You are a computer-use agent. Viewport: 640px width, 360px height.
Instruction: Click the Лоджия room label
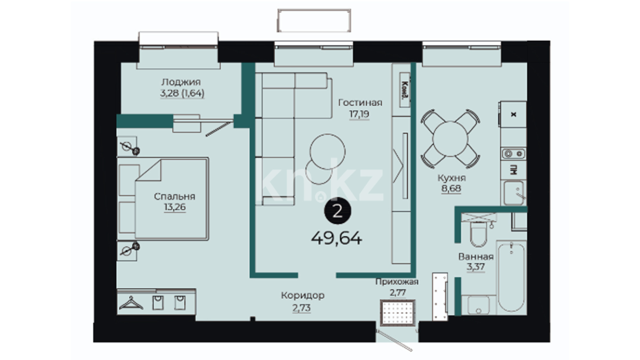coord(181,82)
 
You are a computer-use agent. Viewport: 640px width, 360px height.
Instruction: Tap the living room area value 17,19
coord(359,114)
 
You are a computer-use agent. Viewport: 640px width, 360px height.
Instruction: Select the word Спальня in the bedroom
coord(175,196)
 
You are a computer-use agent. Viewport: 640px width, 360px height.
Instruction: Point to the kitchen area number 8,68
coord(451,188)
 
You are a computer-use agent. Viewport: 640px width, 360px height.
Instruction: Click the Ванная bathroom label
coord(476,256)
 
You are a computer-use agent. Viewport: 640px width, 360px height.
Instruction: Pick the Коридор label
coord(303,295)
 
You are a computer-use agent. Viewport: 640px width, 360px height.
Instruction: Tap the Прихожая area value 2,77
coord(398,293)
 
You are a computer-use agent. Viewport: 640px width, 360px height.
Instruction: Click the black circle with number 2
coord(338,211)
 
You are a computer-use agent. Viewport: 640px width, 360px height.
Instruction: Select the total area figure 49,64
coord(337,238)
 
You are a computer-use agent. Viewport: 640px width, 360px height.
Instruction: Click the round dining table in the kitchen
coord(450,139)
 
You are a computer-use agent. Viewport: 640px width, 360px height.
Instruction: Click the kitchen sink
coord(513,193)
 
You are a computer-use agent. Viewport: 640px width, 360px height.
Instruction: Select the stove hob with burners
coord(513,154)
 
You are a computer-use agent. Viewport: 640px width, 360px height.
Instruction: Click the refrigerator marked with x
coord(513,114)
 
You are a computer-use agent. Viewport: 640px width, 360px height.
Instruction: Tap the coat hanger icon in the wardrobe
coord(131,303)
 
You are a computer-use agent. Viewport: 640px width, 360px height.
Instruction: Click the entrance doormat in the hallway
coord(398,313)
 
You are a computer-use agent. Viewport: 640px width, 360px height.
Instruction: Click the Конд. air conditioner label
coord(405,90)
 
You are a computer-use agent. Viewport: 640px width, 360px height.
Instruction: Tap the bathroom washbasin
coord(479,305)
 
